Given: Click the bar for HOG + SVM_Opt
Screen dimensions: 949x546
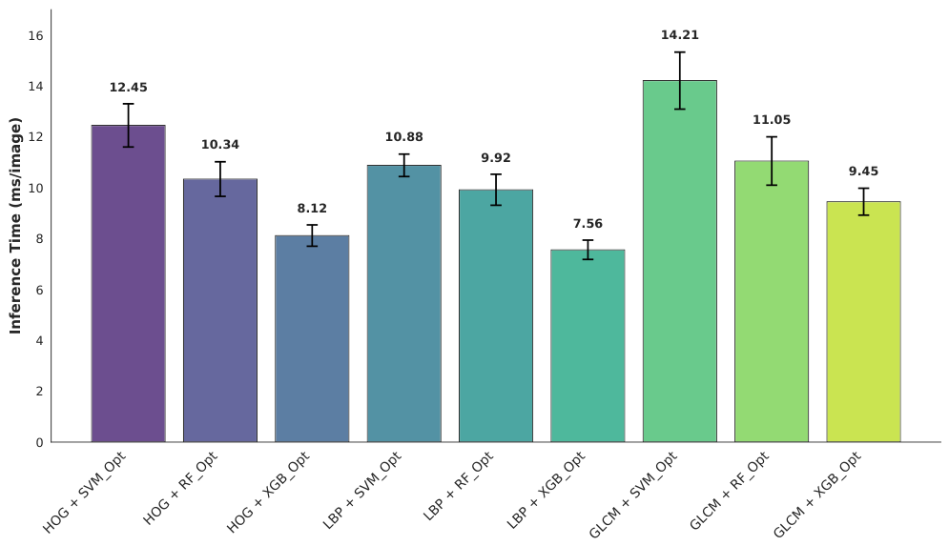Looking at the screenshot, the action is [x=129, y=284].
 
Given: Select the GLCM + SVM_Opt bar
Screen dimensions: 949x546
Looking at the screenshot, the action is [x=680, y=261].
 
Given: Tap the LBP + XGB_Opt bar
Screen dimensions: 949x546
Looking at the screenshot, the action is [x=588, y=346].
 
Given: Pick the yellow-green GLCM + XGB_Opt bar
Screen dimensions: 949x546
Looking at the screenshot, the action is [x=864, y=322].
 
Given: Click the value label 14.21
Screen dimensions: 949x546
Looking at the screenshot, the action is [x=680, y=35].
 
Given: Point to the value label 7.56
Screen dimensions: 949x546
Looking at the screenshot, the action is [x=588, y=224].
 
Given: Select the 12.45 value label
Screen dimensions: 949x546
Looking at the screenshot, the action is [x=129, y=88].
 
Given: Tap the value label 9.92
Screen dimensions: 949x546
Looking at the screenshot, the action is [x=496, y=158].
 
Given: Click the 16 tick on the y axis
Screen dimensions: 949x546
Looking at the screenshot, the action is [x=35, y=35].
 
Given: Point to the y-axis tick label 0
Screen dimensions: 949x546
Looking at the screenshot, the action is [x=39, y=442].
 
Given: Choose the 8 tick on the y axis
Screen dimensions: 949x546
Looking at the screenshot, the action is [x=39, y=239].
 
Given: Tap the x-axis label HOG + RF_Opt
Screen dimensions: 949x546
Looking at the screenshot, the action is [x=180, y=489].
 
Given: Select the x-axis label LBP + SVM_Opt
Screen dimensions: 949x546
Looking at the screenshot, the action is [x=362, y=491].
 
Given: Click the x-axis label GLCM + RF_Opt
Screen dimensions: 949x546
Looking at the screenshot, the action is [x=730, y=491].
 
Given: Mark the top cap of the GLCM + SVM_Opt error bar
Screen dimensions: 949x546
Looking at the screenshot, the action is [x=680, y=52].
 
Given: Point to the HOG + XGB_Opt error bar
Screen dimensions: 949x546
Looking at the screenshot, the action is [x=312, y=235].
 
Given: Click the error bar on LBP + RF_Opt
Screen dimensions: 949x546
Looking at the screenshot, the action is [x=496, y=190].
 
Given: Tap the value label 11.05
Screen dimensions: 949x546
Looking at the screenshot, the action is [x=772, y=120].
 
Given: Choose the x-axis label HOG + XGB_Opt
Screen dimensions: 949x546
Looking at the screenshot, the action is [x=269, y=493].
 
